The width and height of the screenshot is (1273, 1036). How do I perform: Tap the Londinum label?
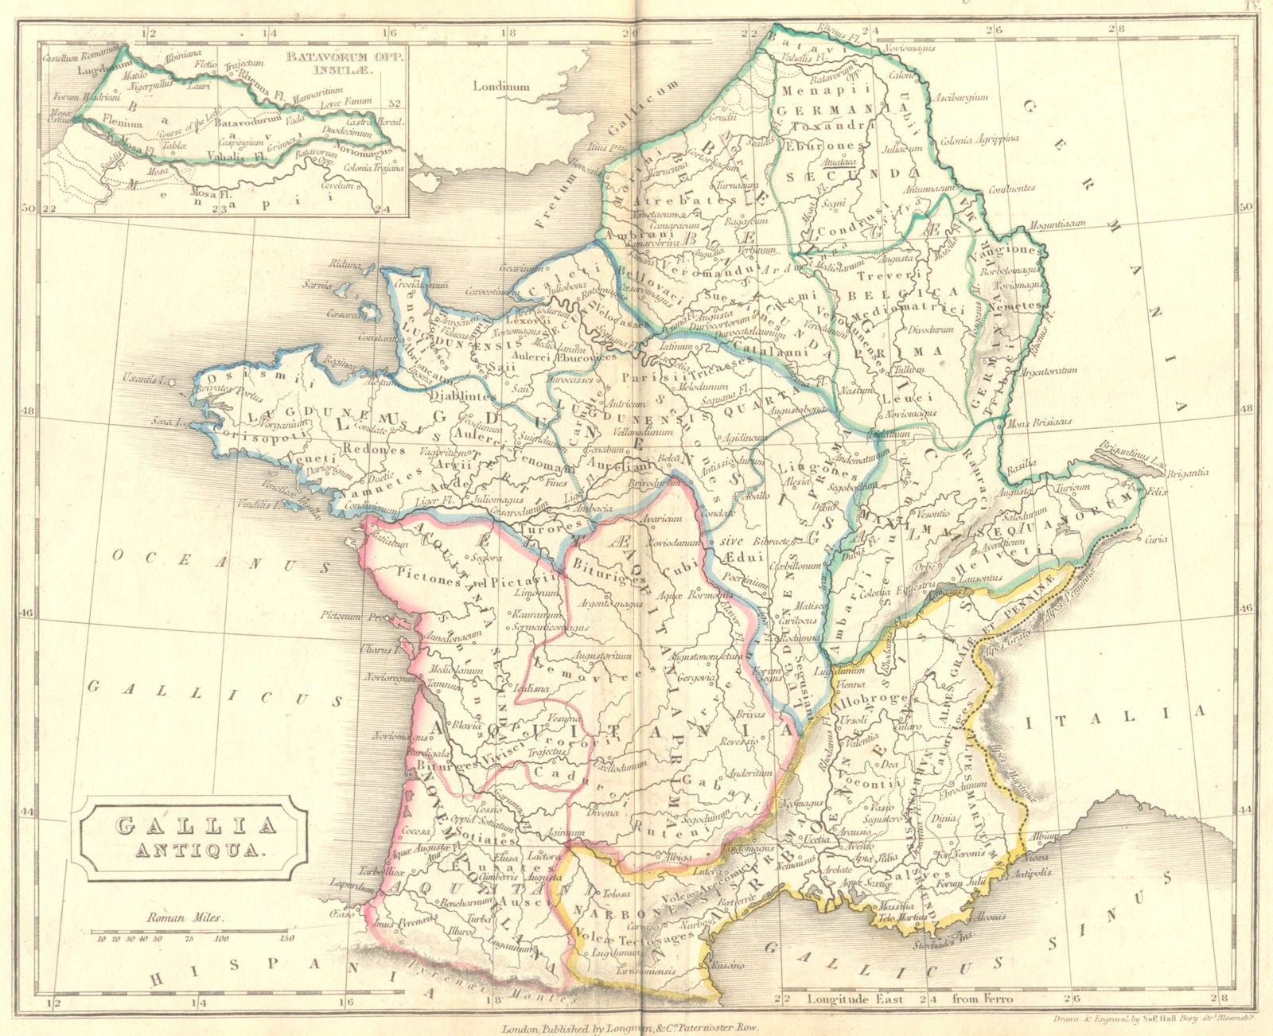click(x=501, y=86)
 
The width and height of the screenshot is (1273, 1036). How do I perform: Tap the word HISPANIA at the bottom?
click(x=310, y=978)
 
